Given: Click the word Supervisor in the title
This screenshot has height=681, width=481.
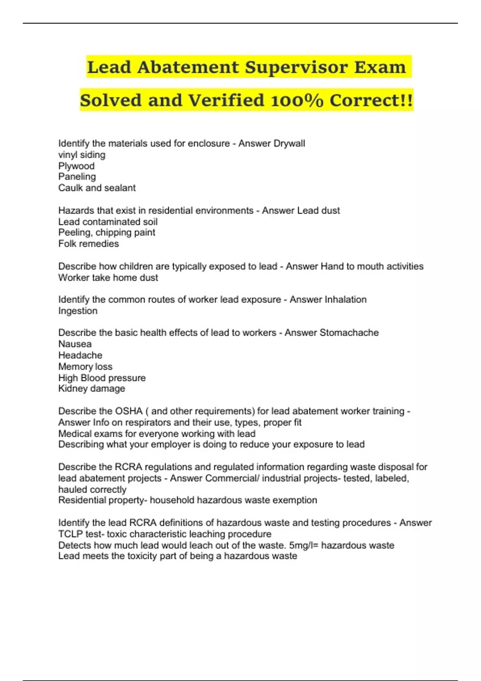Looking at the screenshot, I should point(296,67).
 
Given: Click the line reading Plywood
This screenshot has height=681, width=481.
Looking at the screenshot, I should point(77,166).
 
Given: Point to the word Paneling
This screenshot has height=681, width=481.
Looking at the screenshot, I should point(77,177).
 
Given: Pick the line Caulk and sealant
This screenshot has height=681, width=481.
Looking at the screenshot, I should point(97,188).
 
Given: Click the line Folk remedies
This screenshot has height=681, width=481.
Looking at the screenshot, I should point(89,244).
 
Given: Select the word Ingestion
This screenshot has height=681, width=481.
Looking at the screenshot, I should point(78,311).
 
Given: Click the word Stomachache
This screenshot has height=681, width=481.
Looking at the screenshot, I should point(349,332).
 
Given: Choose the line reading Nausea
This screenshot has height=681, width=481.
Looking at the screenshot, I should point(75,344).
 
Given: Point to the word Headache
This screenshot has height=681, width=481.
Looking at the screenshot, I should point(80,355).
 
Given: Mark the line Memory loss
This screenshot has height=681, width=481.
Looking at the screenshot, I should point(85,367).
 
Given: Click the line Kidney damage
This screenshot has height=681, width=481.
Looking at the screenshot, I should point(92,389).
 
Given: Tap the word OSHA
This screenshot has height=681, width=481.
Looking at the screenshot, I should point(129,411).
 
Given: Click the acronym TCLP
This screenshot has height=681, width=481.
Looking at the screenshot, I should point(71,534).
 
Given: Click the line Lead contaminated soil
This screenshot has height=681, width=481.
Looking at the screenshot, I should point(108,222).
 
